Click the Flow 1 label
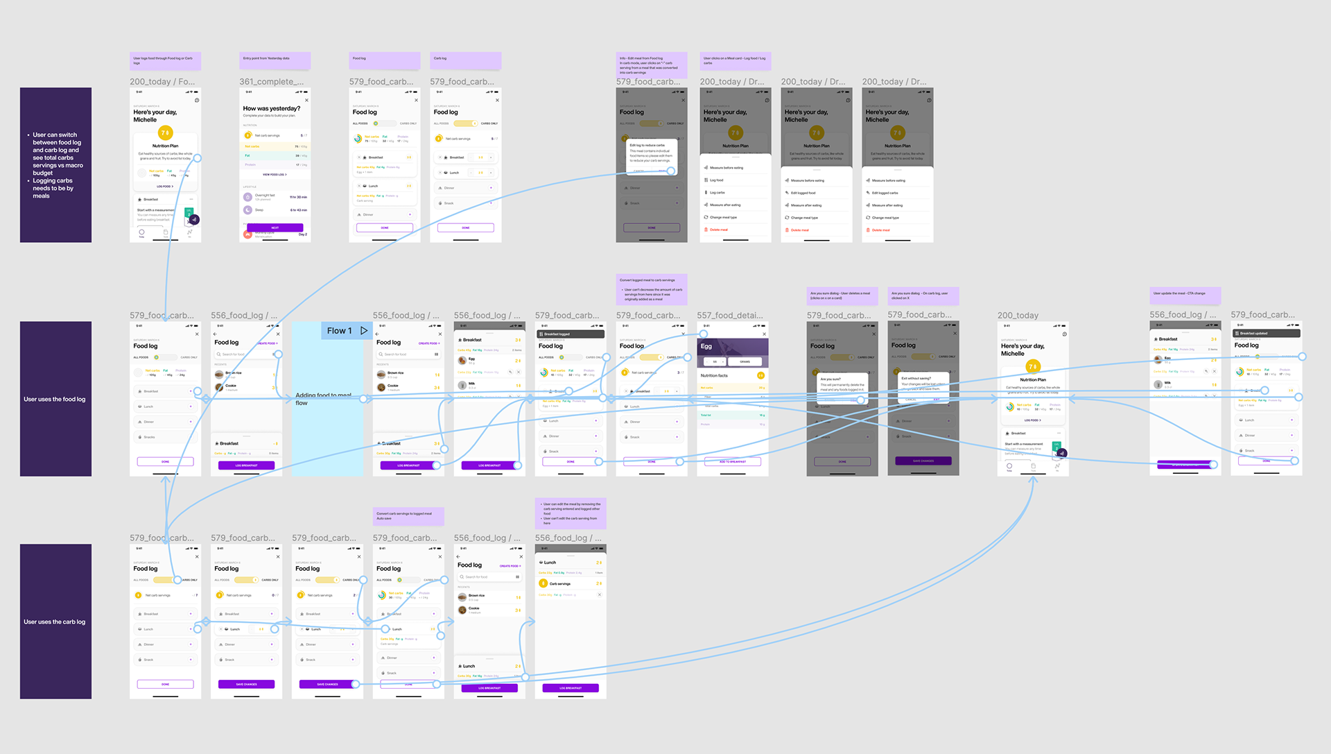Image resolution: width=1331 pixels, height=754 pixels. point(340,331)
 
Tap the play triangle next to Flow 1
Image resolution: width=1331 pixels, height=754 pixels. point(364,331)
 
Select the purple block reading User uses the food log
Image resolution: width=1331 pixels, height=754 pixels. point(55,399)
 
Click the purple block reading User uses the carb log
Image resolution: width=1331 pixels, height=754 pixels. point(55,622)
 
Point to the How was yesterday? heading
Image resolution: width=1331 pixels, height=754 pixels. point(272,109)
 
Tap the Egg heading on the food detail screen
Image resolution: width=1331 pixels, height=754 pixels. point(706,346)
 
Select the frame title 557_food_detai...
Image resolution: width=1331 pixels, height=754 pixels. point(730,316)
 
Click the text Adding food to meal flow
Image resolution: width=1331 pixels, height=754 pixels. point(323,399)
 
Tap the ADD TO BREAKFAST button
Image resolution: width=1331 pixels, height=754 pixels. point(732,461)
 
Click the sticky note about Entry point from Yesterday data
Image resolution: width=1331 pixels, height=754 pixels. point(275,61)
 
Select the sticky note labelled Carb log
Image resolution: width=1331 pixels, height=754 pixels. point(465,61)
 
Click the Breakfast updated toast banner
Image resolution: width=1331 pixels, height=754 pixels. point(1267,334)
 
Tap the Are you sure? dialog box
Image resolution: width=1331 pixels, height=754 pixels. point(842,384)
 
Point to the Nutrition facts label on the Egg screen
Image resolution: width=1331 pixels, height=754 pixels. point(714,375)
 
